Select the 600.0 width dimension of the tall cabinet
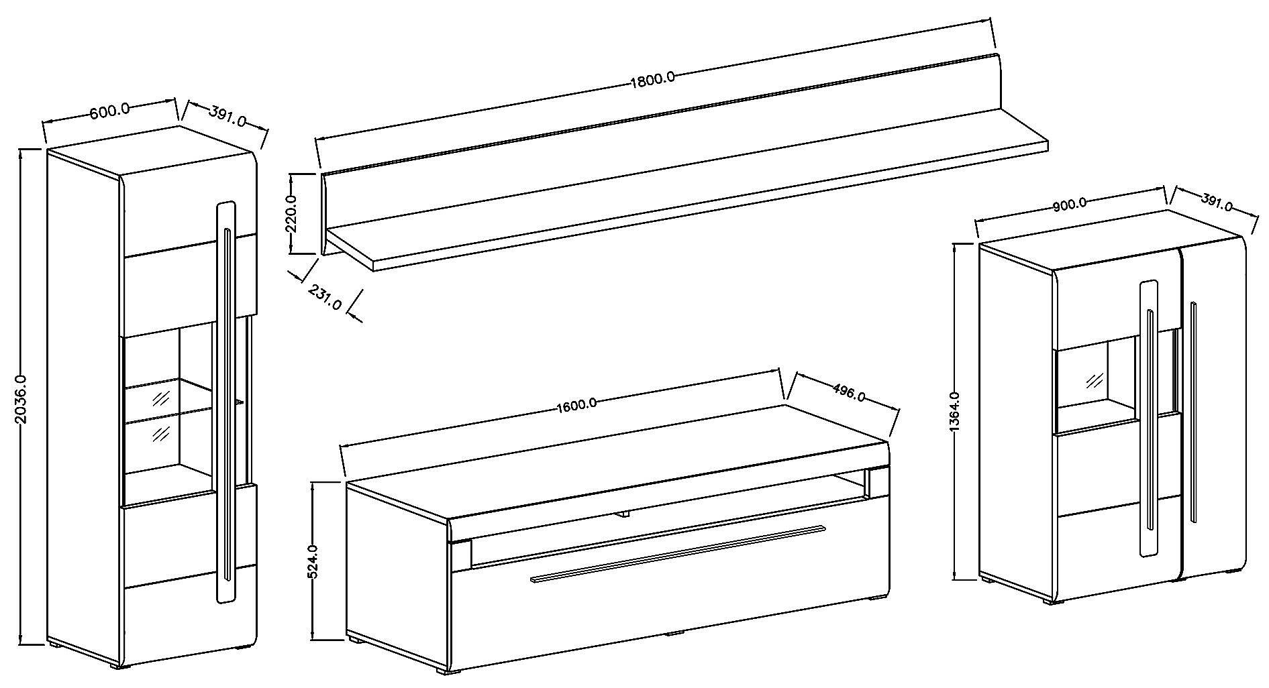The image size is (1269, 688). [109, 111]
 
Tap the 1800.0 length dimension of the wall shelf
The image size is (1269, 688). [652, 80]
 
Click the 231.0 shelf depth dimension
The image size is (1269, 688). [325, 296]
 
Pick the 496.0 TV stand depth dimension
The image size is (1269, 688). [848, 392]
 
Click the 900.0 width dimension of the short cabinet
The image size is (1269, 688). [1070, 205]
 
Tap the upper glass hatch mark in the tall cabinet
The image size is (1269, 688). [160, 400]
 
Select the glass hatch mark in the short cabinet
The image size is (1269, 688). [1095, 380]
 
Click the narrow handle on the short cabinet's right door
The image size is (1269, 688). [1192, 412]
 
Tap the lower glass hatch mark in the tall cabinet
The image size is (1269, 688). [160, 432]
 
